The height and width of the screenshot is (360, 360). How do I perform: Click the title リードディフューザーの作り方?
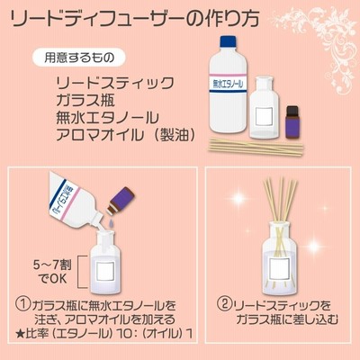pyautogui.click(x=135, y=19)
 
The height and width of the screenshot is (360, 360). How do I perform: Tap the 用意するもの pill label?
pyautogui.click(x=78, y=57)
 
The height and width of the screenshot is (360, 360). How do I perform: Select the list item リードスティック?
pyautogui.click(x=115, y=83)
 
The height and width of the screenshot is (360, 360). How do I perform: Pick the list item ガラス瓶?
pyautogui.click(x=85, y=101)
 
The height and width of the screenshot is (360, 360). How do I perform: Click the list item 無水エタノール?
pyautogui.click(x=107, y=118)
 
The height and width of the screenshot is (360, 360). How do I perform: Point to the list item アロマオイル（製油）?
pyautogui.click(x=126, y=135)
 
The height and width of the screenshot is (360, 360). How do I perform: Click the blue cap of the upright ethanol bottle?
pyautogui.click(x=229, y=41)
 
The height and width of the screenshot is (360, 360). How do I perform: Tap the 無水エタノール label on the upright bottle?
pyautogui.click(x=229, y=85)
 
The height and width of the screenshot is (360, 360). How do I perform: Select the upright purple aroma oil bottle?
pyautogui.click(x=293, y=121)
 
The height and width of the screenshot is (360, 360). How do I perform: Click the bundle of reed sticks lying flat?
pyautogui.click(x=256, y=146)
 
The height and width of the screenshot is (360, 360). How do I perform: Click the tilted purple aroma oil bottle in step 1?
pyautogui.click(x=121, y=201)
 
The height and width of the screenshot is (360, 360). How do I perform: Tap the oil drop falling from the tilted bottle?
pyautogui.click(x=112, y=223)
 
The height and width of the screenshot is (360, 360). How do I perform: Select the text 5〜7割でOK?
pyautogui.click(x=53, y=272)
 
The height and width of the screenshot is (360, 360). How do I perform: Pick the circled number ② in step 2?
pyautogui.click(x=224, y=306)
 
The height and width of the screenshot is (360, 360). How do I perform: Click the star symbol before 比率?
pyautogui.click(x=20, y=333)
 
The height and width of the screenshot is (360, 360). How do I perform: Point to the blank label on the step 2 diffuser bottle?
pyautogui.click(x=279, y=268)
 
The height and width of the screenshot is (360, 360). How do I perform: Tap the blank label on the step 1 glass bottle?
pyautogui.click(x=105, y=271)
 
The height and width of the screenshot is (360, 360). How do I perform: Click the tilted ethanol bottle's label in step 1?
pyautogui.click(x=64, y=200)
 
